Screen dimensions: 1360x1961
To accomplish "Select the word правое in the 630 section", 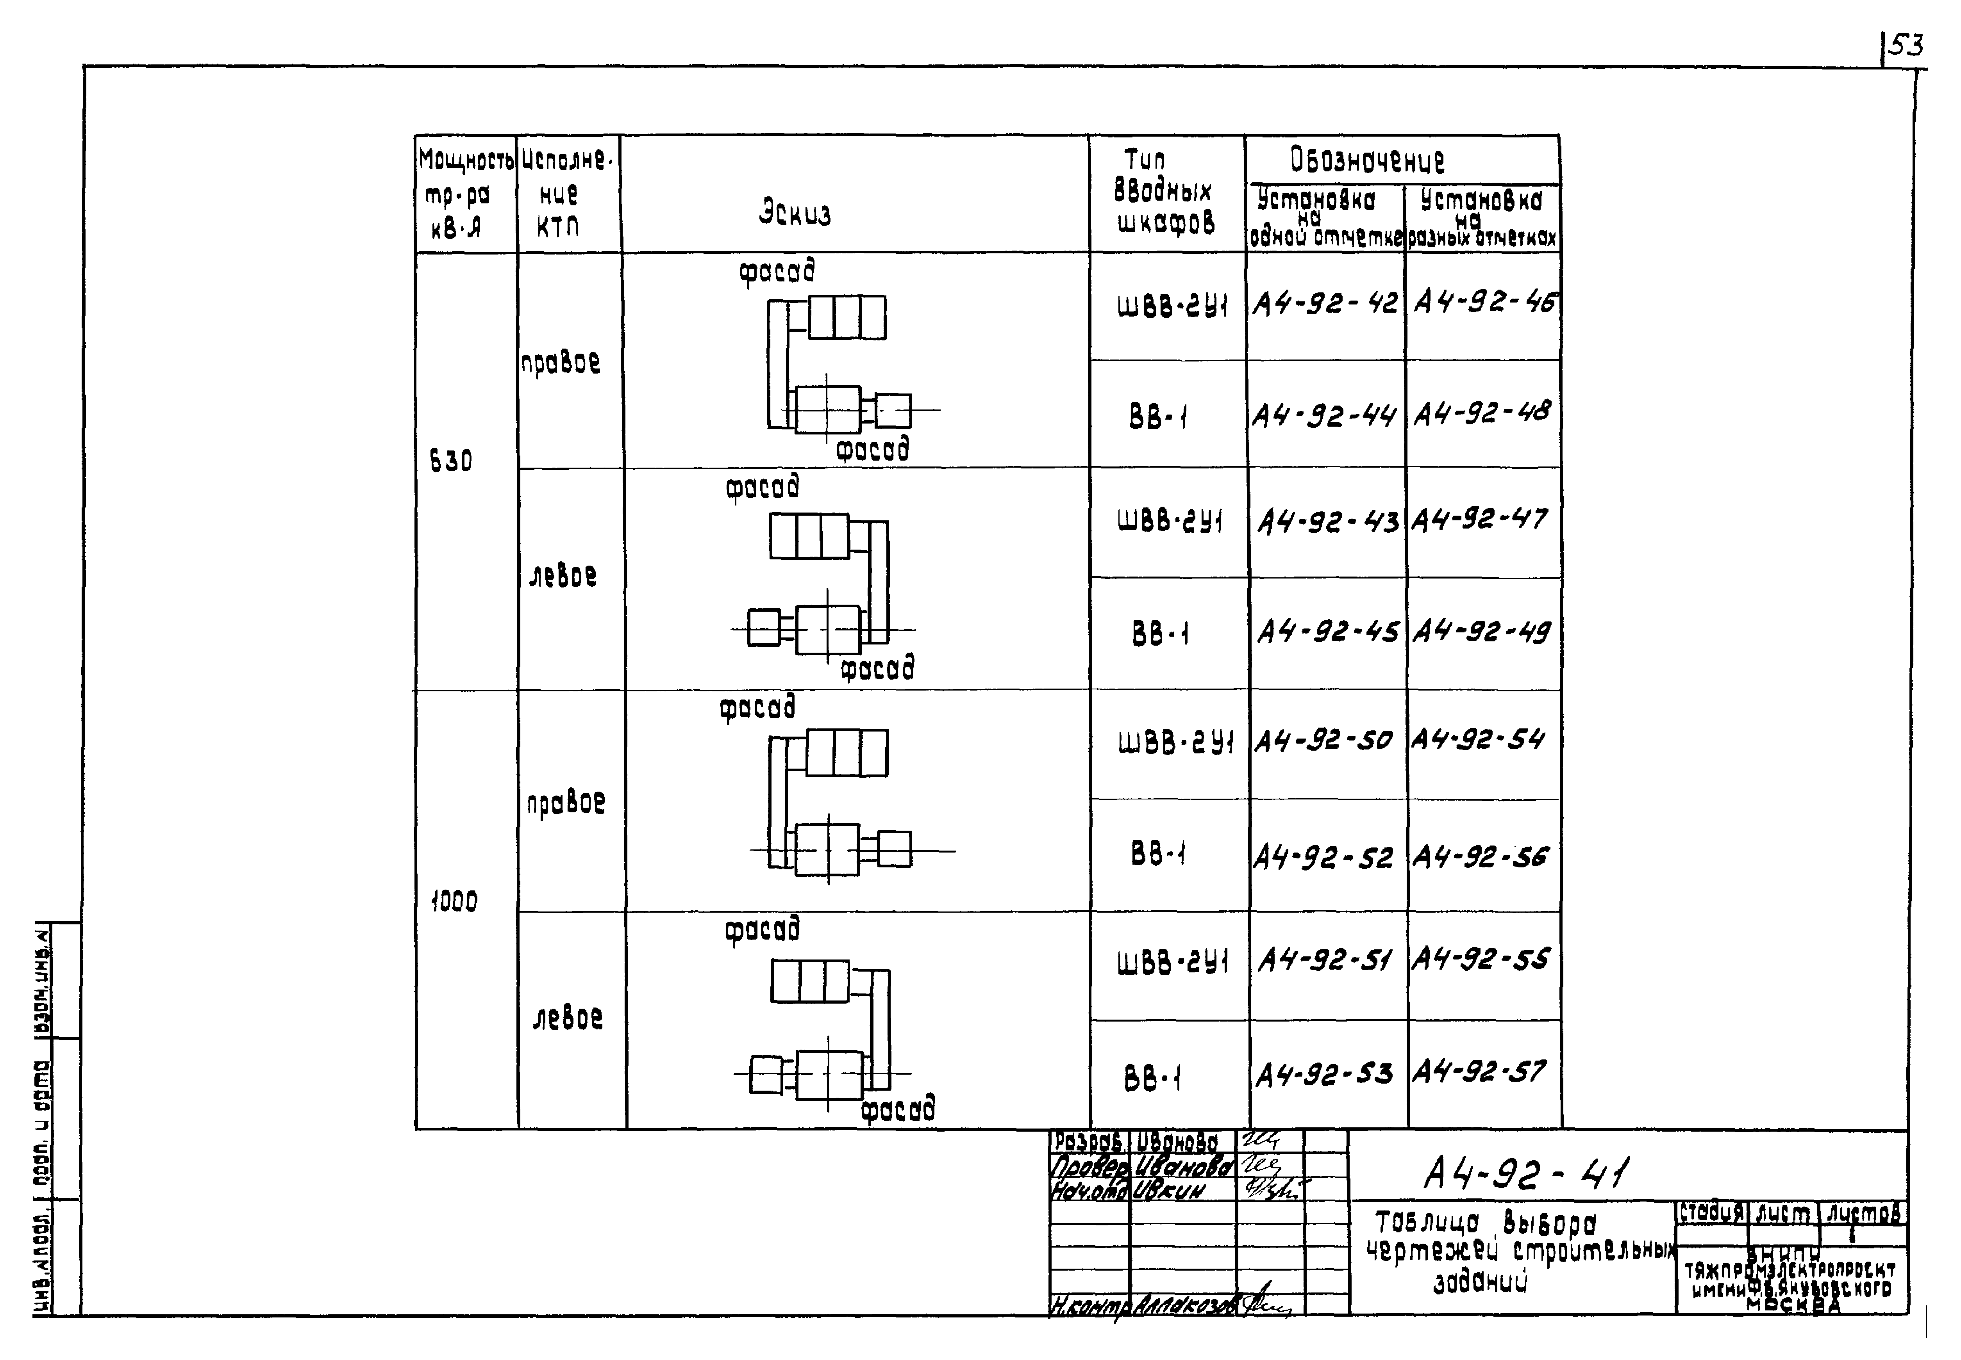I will click(x=560, y=363).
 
